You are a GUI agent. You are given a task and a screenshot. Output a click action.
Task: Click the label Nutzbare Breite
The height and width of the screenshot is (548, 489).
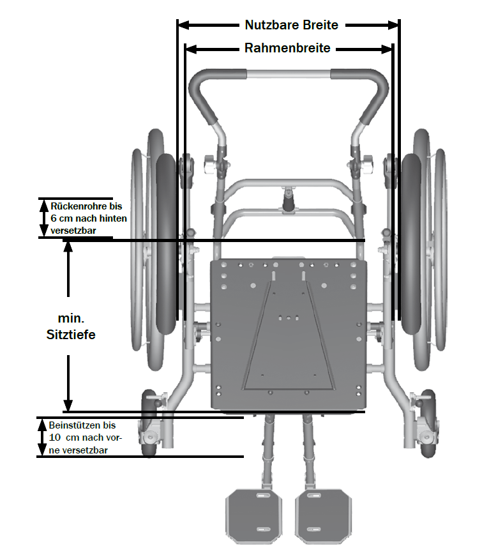[x=291, y=26]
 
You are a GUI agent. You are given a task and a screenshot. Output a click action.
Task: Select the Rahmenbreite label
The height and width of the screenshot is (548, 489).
[x=287, y=49]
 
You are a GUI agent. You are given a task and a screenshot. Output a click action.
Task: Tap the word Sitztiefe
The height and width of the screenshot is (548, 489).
[x=71, y=333]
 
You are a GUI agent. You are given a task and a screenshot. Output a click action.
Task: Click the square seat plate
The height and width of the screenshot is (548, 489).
[x=289, y=332]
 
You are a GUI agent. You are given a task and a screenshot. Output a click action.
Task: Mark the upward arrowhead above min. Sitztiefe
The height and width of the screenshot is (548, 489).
[x=68, y=247]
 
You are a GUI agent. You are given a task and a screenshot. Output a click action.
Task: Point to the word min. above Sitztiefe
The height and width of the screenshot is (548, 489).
[x=71, y=317]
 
